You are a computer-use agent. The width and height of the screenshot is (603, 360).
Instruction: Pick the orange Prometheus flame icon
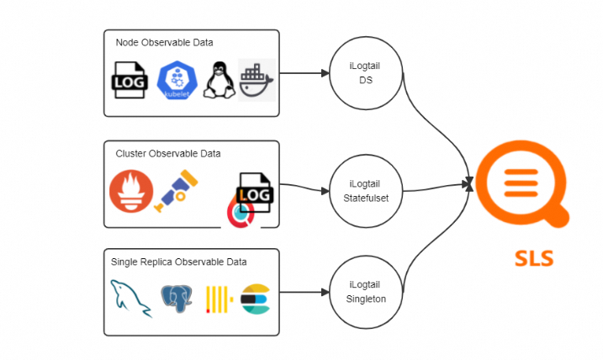coord(128,190)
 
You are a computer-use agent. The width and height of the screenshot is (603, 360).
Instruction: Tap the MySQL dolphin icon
coord(130,299)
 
